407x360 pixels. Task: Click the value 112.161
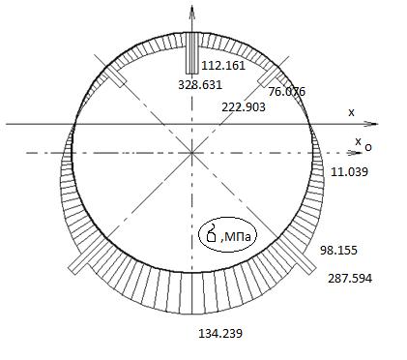pyautogui.click(x=223, y=66)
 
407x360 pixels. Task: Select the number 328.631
pyautogui.click(x=200, y=85)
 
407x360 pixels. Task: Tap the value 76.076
pyautogui.click(x=287, y=92)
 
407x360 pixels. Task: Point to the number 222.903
pyautogui.click(x=244, y=107)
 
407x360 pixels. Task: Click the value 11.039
pyautogui.click(x=349, y=172)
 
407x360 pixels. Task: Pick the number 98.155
pyautogui.click(x=338, y=251)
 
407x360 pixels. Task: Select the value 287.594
pyautogui.click(x=350, y=279)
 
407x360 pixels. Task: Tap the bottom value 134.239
pyautogui.click(x=220, y=333)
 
